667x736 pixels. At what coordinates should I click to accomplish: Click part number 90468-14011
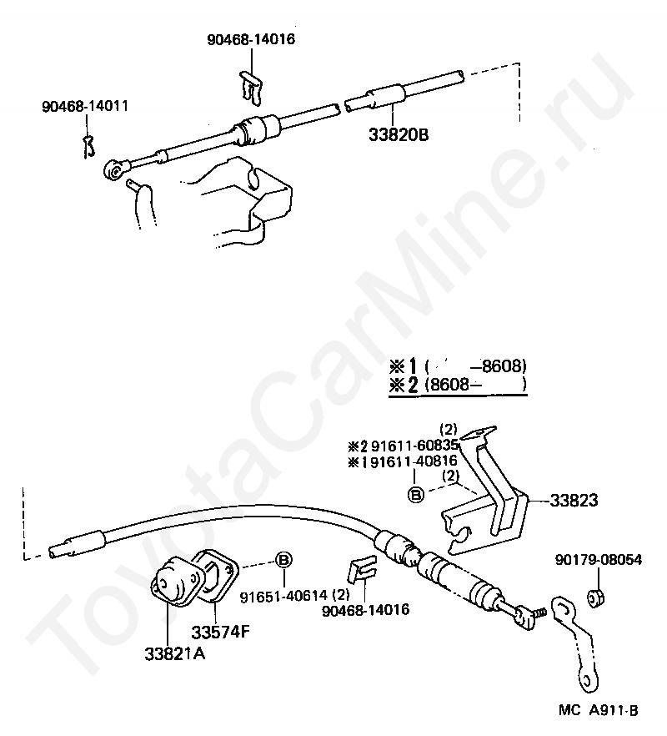click(x=85, y=107)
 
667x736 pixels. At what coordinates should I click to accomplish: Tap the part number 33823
click(x=574, y=501)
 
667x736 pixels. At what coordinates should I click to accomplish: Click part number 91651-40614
click(x=284, y=597)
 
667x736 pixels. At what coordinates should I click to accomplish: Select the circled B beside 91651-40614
click(x=284, y=559)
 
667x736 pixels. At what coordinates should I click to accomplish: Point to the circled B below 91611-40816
click(x=415, y=493)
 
